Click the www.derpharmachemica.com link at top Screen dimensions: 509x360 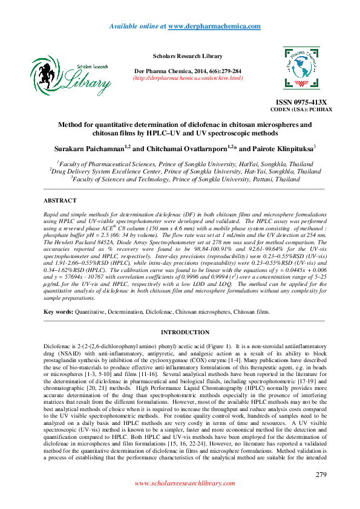[214, 26]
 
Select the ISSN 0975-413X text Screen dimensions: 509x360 [301, 103]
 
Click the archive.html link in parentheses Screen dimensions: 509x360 [188, 78]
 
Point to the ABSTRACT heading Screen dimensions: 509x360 [60, 200]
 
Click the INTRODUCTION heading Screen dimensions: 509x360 [185, 332]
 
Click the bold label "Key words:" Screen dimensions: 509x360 [58, 311]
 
